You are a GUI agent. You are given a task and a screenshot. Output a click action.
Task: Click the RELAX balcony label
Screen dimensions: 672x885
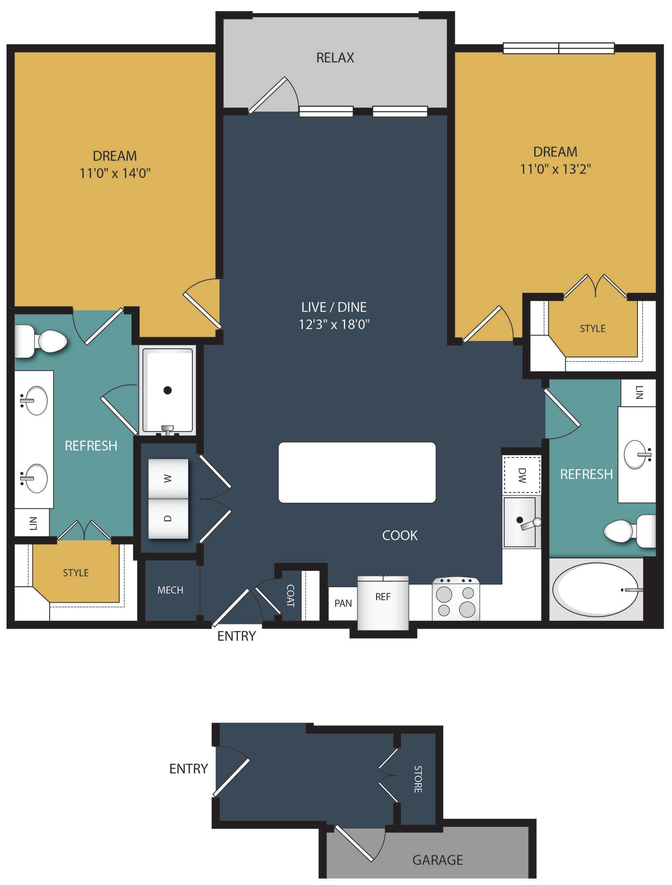tap(335, 58)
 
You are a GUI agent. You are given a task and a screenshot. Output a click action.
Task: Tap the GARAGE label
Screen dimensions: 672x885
tap(438, 860)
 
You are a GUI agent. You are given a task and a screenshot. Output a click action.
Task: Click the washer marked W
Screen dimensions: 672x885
tap(168, 478)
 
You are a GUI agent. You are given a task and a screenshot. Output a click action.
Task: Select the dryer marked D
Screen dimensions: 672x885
tap(168, 519)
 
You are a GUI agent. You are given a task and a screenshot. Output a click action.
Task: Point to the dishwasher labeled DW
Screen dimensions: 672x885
tap(521, 475)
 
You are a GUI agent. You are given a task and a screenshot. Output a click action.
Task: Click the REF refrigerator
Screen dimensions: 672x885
tap(383, 602)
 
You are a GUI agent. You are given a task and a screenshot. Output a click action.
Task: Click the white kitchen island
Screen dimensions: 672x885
tap(357, 472)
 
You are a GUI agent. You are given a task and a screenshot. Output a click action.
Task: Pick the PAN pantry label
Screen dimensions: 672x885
tap(343, 603)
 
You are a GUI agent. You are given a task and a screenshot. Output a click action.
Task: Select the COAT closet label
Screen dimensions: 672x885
tap(291, 596)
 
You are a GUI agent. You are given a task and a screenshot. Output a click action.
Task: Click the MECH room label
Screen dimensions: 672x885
tap(170, 590)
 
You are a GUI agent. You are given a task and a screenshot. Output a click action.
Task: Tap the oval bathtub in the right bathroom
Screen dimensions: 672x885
tap(596, 589)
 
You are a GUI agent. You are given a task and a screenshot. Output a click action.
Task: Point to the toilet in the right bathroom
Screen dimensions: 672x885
tap(630, 531)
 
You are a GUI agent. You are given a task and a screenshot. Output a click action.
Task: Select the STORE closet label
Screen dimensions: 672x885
tap(418, 779)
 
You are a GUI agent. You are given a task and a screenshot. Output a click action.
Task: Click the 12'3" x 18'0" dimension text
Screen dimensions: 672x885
tap(334, 324)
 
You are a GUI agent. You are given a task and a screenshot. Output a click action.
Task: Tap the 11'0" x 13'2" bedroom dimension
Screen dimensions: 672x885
tap(555, 169)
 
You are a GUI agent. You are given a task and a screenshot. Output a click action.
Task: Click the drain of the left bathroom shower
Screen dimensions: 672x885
tap(167, 390)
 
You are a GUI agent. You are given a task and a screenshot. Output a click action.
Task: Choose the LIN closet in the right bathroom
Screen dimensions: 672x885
tap(638, 392)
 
